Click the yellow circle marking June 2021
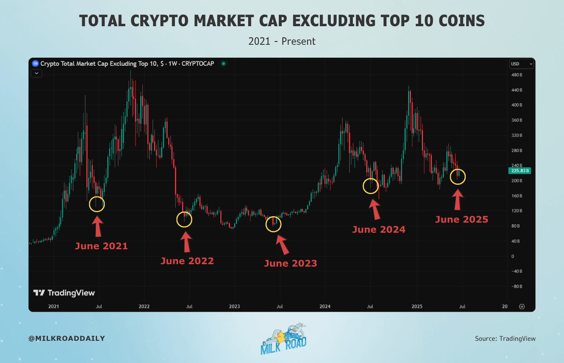[97, 204]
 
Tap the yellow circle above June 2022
[184, 219]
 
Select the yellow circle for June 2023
[274, 224]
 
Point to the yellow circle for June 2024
[371, 186]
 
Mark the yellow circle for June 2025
[458, 177]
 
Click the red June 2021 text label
[102, 246]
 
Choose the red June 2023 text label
[290, 263]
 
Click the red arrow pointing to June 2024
[375, 209]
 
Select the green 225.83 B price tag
[520, 171]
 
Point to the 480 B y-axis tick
[516, 75]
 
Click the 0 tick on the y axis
[512, 256]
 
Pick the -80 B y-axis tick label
[516, 286]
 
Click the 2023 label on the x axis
[234, 307]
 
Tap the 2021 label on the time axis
[54, 307]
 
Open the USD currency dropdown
[521, 64]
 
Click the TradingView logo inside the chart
[64, 293]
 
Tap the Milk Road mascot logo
[284, 339]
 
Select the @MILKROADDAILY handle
[67, 338]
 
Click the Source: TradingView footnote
[505, 338]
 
